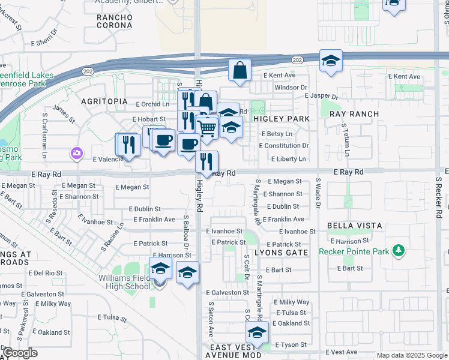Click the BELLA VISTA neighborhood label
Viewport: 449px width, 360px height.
click(x=354, y=226)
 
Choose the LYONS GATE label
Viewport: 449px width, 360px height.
click(x=282, y=253)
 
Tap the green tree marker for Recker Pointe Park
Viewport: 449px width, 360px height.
click(x=397, y=249)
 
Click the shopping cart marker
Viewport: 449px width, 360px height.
click(x=206, y=128)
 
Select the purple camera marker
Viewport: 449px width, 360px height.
click(x=76, y=153)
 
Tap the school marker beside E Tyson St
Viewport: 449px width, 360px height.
click(x=257, y=332)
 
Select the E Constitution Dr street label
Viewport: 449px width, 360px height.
click(x=284, y=146)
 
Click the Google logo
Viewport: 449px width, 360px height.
click(x=19, y=353)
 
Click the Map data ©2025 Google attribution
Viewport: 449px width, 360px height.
click(x=411, y=355)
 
